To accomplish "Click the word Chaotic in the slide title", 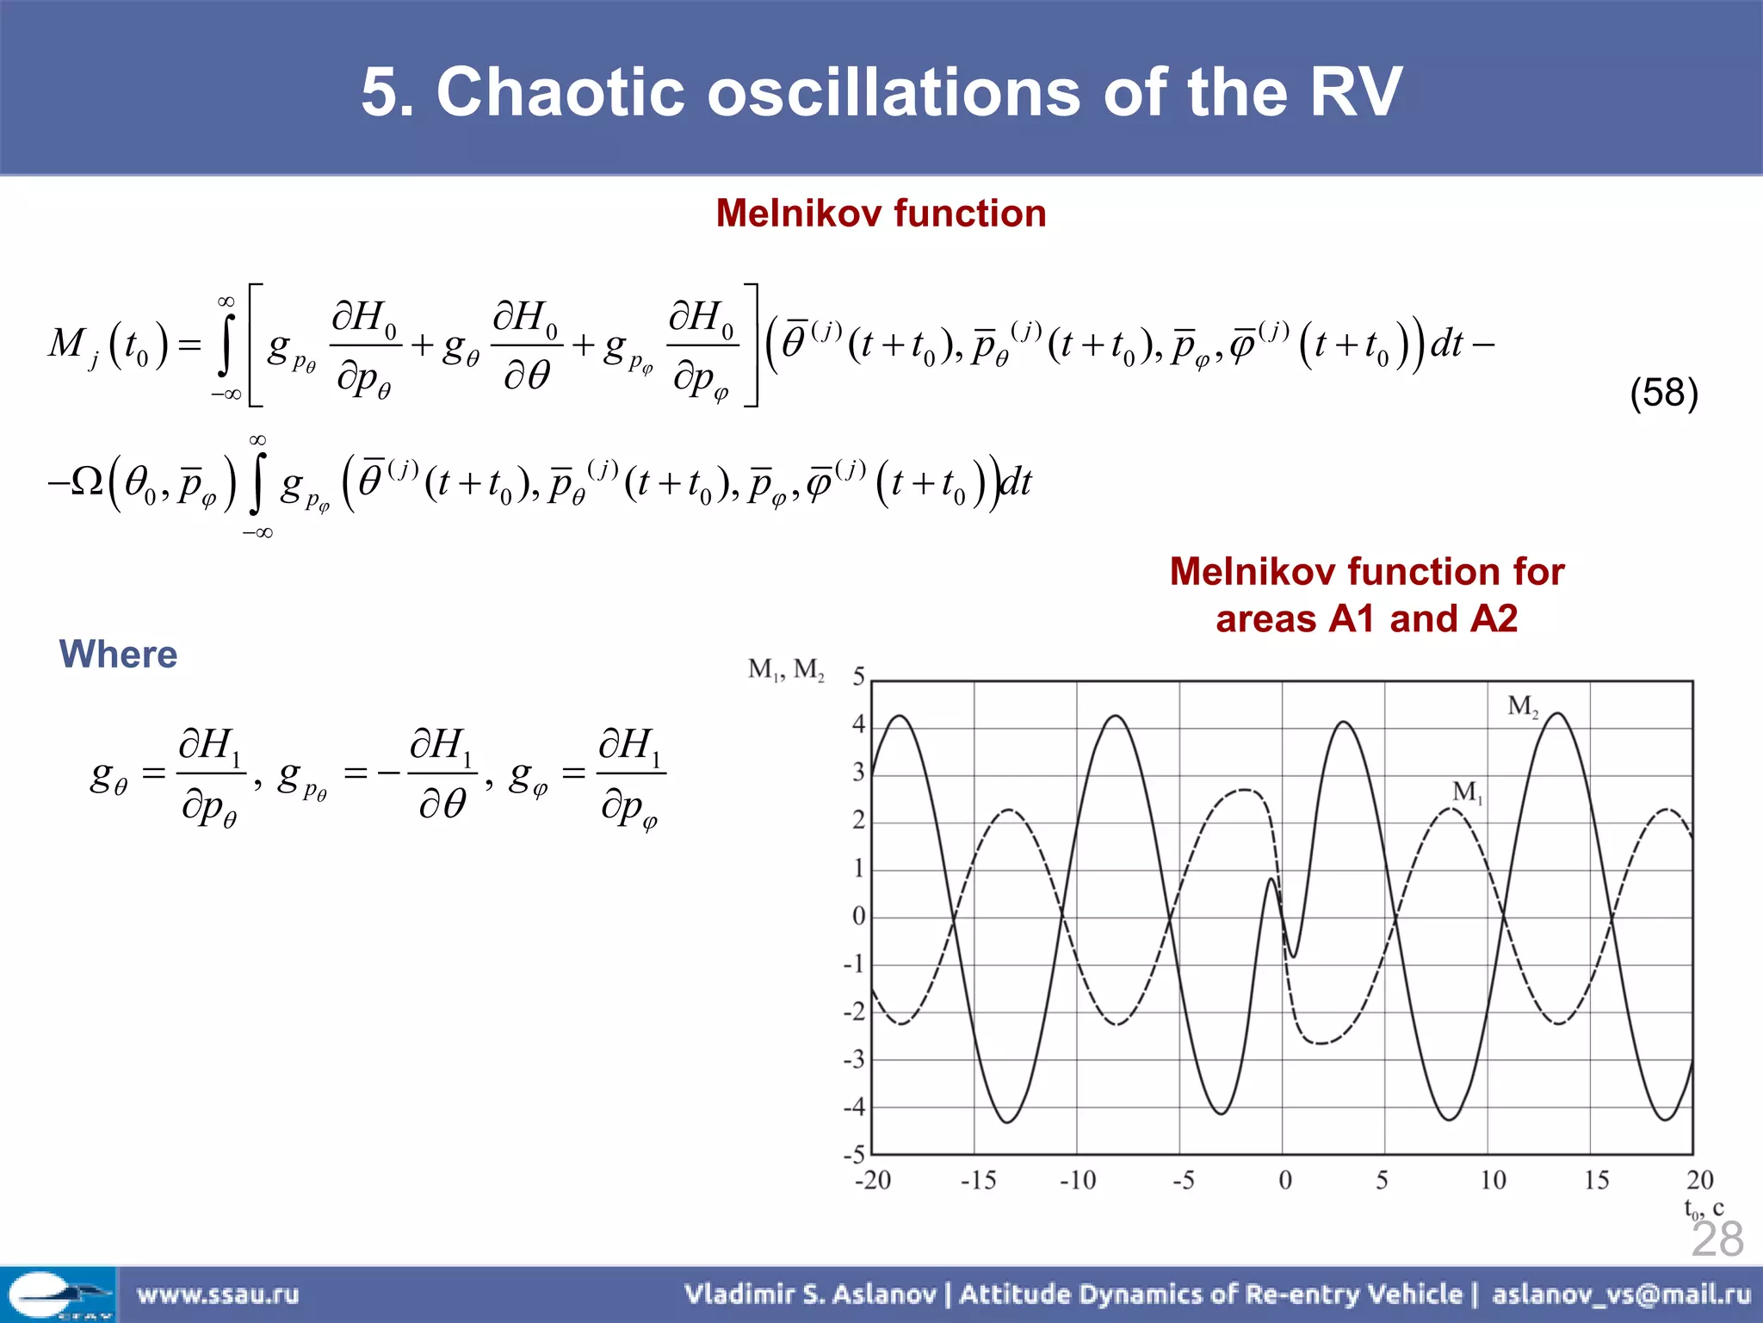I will (560, 92).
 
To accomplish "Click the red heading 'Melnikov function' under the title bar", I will (881, 214).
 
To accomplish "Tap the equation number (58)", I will (1663, 393).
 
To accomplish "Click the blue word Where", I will (118, 655).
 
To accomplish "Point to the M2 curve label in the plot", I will (1522, 707).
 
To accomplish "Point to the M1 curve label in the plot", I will (1467, 792).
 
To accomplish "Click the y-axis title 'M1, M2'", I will (785, 669).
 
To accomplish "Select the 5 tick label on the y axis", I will (858, 677).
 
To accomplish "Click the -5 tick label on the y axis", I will (854, 1154).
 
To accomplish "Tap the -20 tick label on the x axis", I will (872, 1180).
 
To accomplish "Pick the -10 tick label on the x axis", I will (1077, 1180).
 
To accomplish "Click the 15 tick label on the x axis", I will (1596, 1180).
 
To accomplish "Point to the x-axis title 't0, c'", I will (1703, 1208).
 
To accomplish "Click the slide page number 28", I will (1717, 1239).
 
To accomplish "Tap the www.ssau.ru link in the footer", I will (218, 1294).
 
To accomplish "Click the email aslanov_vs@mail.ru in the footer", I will (1621, 1294).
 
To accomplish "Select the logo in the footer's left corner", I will (58, 1295).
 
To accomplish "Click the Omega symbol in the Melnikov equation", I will (86, 481).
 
